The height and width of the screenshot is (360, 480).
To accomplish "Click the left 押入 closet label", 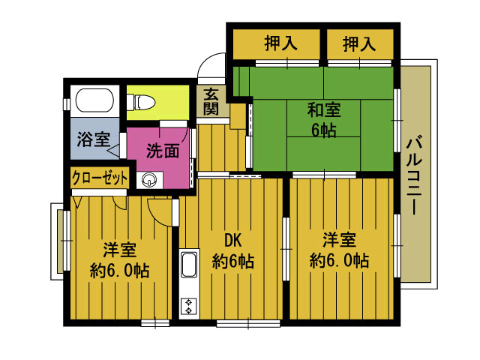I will [x=280, y=43].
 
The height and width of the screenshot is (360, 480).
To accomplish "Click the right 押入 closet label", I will [x=359, y=43].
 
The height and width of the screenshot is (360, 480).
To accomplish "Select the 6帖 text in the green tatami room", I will [x=324, y=129].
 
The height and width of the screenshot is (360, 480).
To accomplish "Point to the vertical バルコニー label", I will [x=413, y=174].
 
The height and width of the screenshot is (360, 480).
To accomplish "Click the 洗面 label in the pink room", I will [x=162, y=150].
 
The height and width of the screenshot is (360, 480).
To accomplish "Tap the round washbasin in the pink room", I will [x=150, y=179].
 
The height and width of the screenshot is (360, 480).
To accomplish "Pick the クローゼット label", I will [x=100, y=178].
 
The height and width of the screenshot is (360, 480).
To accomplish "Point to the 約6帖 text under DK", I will [x=232, y=262].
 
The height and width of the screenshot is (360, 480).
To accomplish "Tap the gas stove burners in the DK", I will [x=187, y=305].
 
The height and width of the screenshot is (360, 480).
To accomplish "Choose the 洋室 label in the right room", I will [x=339, y=241].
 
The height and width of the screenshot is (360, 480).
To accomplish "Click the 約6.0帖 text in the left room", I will [x=119, y=270].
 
